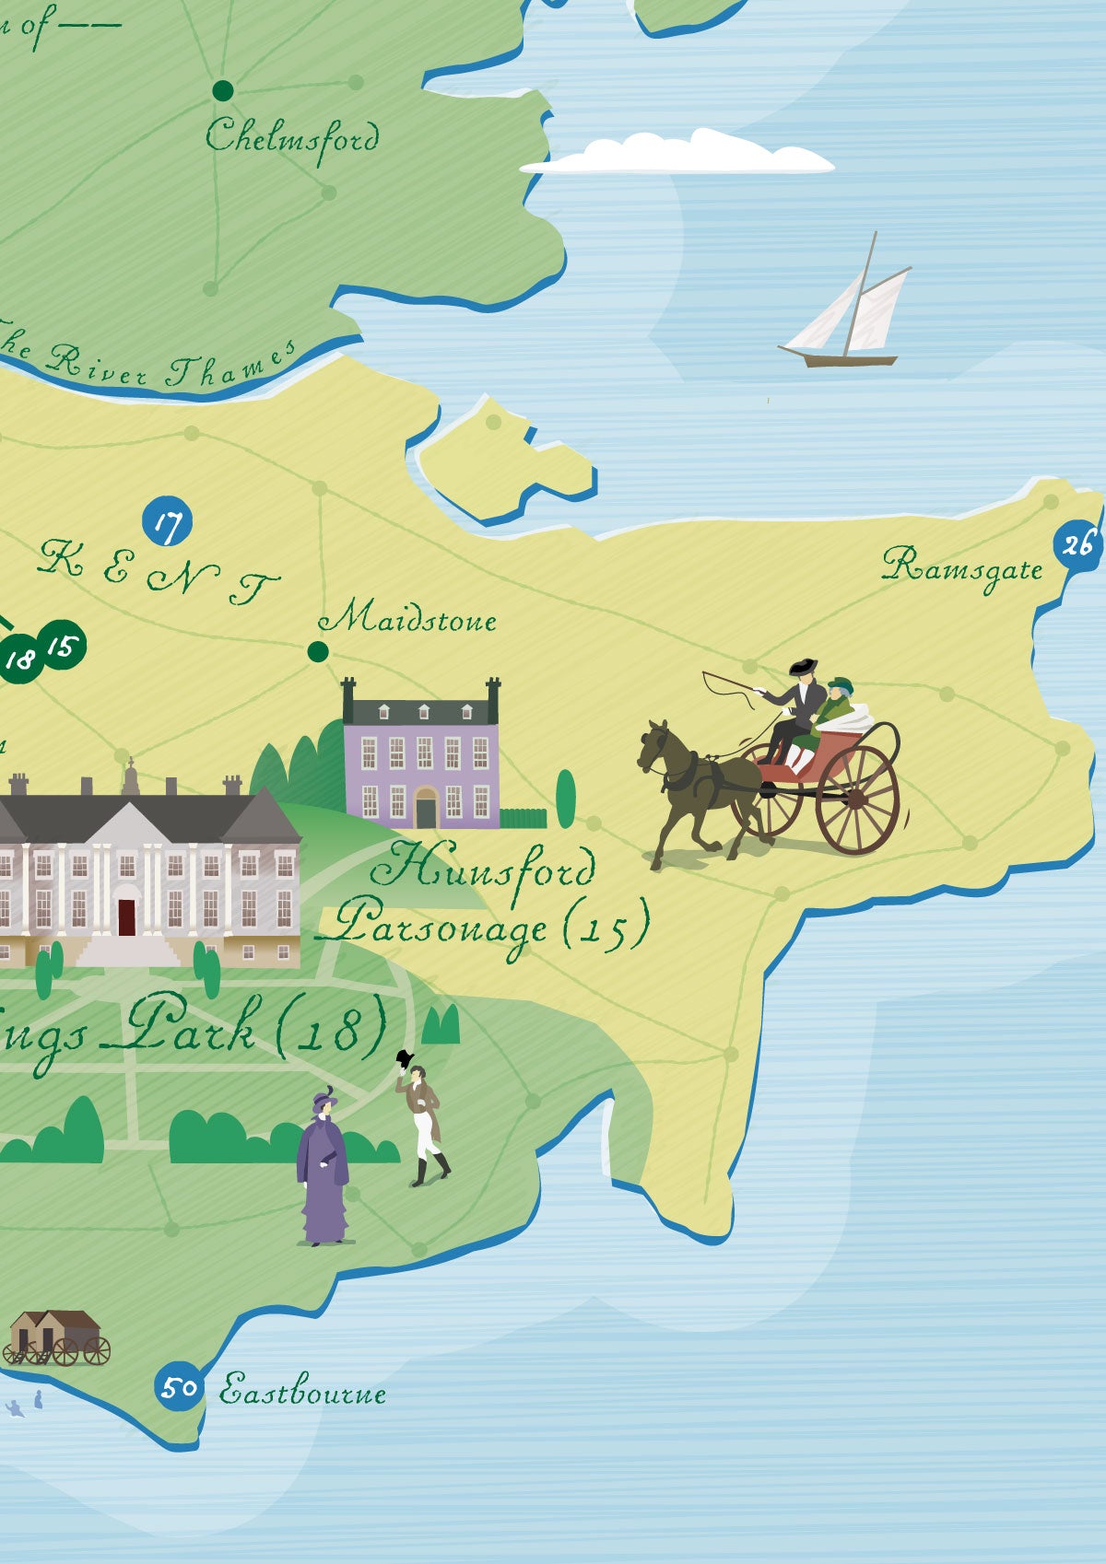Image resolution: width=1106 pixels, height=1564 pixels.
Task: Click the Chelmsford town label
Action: pos(291,138)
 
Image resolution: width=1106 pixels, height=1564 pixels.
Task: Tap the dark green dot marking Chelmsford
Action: pos(223,90)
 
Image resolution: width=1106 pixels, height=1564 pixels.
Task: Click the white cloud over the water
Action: pos(677,155)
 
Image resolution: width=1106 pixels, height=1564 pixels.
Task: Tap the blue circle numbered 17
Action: pos(167,521)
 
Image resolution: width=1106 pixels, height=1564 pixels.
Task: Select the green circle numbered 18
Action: pos(19,659)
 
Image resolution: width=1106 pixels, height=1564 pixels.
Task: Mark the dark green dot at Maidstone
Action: pos(317,652)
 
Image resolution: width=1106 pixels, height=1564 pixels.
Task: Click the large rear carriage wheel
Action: pos(857,799)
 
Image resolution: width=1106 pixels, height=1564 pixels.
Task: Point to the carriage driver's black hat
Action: pos(802,665)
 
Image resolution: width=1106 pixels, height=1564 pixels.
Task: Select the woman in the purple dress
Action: pos(323,1170)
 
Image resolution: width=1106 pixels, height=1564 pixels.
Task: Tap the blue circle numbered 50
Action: pos(178,1386)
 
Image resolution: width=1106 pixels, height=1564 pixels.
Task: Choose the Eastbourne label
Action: pos(302,1391)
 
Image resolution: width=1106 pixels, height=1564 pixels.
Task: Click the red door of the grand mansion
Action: pos(126,916)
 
